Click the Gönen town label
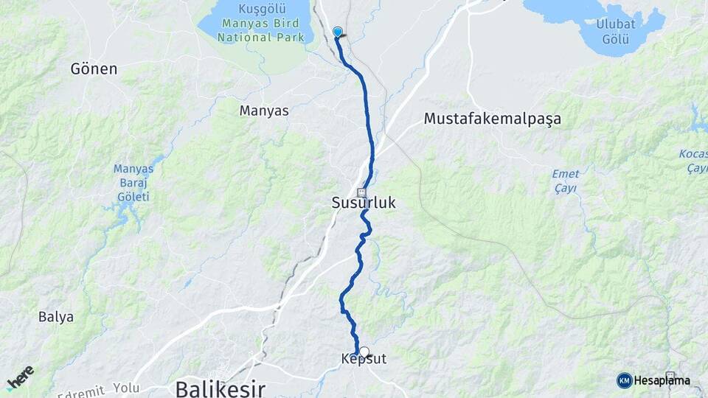click(94, 69)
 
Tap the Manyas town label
click(264, 111)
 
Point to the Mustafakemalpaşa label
click(492, 118)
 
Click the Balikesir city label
click(220, 388)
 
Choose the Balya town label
click(56, 317)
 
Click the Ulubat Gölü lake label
click(617, 31)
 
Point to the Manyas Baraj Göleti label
click(133, 183)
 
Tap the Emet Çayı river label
click(565, 181)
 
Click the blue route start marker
click(338, 32)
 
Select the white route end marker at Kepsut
click(364, 352)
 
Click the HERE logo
click(20, 378)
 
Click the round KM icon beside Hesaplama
click(624, 380)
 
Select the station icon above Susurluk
click(361, 192)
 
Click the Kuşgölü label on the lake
click(256, 9)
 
